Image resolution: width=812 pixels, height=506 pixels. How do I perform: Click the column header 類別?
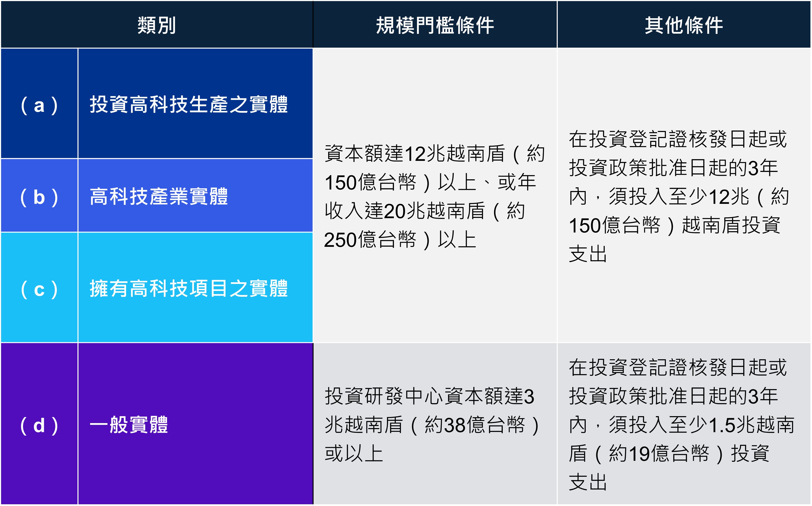click(157, 25)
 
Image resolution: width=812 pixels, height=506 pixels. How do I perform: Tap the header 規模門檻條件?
click(435, 25)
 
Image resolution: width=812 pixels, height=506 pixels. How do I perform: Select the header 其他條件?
click(684, 25)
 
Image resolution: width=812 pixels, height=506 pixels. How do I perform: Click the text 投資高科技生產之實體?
click(189, 104)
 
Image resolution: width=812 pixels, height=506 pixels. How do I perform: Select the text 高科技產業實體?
click(159, 196)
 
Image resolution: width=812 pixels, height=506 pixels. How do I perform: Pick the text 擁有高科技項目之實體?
click(189, 288)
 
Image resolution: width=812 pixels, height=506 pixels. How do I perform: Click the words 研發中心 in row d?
click(404, 396)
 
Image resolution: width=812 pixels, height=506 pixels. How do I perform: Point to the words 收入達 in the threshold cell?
click(354, 211)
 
